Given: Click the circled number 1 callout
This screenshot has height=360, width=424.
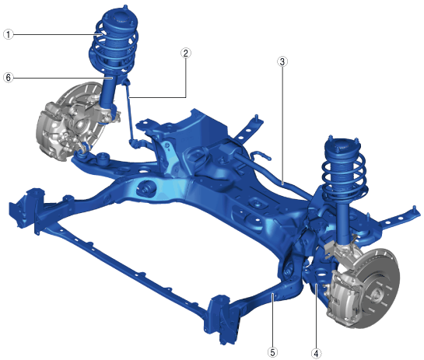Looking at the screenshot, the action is [9, 34].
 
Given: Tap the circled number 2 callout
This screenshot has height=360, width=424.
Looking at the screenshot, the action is [185, 53].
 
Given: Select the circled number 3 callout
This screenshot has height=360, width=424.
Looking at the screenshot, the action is [282, 61].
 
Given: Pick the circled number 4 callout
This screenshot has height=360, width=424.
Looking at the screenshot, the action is [316, 353].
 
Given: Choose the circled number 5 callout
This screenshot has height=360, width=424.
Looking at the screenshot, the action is [272, 352].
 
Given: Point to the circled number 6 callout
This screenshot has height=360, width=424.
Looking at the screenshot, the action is [9, 78].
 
